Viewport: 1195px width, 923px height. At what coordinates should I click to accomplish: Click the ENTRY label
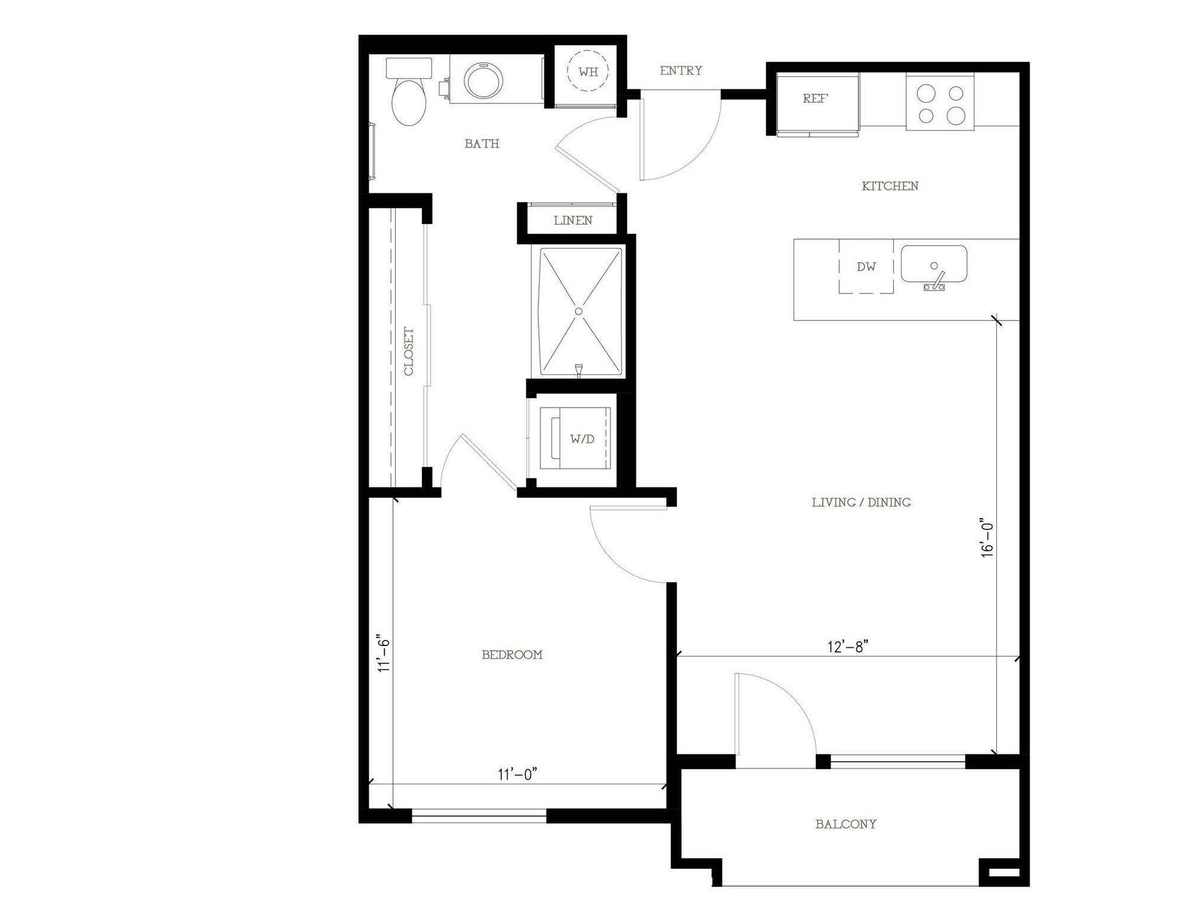681,70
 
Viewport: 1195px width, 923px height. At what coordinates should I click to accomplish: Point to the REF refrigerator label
815,99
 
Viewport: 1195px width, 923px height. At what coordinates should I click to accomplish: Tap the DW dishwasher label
866,267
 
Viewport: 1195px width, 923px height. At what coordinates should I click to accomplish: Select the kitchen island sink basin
934,264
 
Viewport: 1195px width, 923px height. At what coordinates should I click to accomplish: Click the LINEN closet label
573,220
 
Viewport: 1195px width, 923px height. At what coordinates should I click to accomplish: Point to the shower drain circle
578,311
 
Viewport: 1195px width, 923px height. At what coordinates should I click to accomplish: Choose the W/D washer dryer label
582,439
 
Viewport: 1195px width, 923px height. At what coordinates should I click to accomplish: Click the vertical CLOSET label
409,351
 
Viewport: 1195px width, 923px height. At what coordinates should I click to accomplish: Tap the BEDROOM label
512,655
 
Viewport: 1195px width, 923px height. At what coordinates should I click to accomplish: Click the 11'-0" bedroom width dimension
518,774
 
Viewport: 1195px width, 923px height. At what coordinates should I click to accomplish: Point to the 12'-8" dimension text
848,647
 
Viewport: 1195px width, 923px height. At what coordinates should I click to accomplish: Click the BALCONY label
846,824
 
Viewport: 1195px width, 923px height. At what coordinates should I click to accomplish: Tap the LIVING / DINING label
861,503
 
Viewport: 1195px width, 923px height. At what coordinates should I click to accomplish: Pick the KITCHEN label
890,186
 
